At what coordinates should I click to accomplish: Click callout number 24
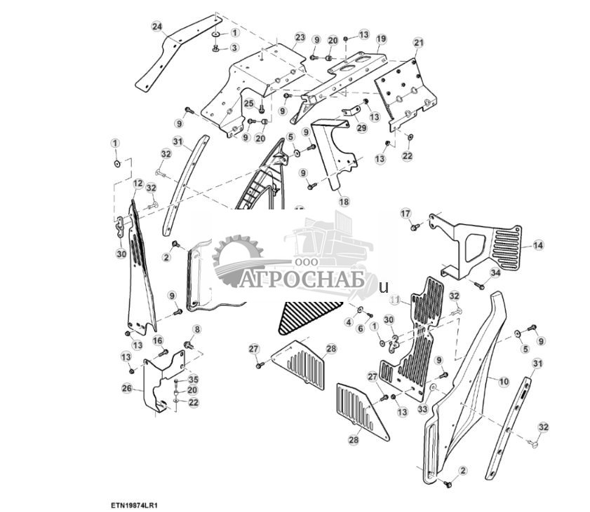tap(157, 27)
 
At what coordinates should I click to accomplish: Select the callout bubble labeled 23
tap(300, 37)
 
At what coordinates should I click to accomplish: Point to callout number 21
tap(418, 43)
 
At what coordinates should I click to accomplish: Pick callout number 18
tap(344, 201)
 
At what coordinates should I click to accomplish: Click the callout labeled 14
tap(537, 245)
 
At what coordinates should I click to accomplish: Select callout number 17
tap(405, 212)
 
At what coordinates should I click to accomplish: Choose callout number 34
tap(495, 272)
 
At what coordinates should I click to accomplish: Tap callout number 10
tap(504, 381)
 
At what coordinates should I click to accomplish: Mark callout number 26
tap(126, 387)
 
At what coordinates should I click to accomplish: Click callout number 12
tap(138, 184)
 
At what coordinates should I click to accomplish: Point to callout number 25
tap(248, 104)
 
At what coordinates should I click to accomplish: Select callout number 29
tap(361, 128)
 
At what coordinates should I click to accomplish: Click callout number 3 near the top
tap(234, 47)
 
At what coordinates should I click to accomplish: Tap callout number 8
tap(196, 329)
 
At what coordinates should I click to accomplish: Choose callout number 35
tap(193, 379)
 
